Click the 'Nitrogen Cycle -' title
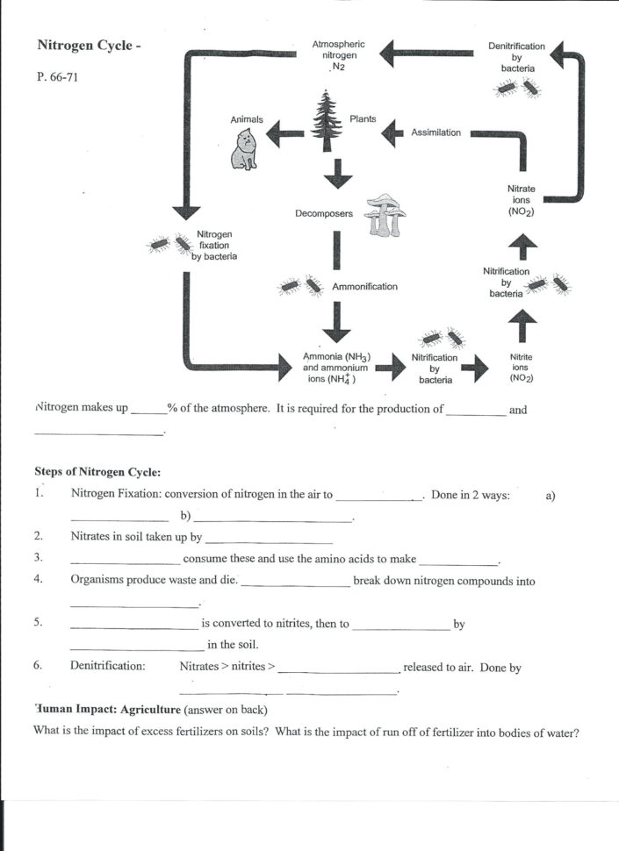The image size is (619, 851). pyautogui.click(x=88, y=46)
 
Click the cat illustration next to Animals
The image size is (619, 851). pyautogui.click(x=244, y=149)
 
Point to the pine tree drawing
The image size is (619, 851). pyautogui.click(x=328, y=124)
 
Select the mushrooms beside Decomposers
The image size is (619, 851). pyautogui.click(x=384, y=214)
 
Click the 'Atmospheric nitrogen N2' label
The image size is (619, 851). pyautogui.click(x=338, y=55)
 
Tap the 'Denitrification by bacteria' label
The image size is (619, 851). pyautogui.click(x=516, y=56)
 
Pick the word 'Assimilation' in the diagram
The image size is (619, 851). pyautogui.click(x=435, y=132)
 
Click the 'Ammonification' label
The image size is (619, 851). pyautogui.click(x=364, y=286)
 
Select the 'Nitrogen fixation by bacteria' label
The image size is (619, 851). pyautogui.click(x=215, y=246)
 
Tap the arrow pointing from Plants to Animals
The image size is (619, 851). pyautogui.click(x=284, y=133)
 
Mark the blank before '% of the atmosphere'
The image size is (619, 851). pyautogui.click(x=148, y=410)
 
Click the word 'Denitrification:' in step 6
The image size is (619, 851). pyautogui.click(x=107, y=667)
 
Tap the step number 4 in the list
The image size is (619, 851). pyautogui.click(x=39, y=581)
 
